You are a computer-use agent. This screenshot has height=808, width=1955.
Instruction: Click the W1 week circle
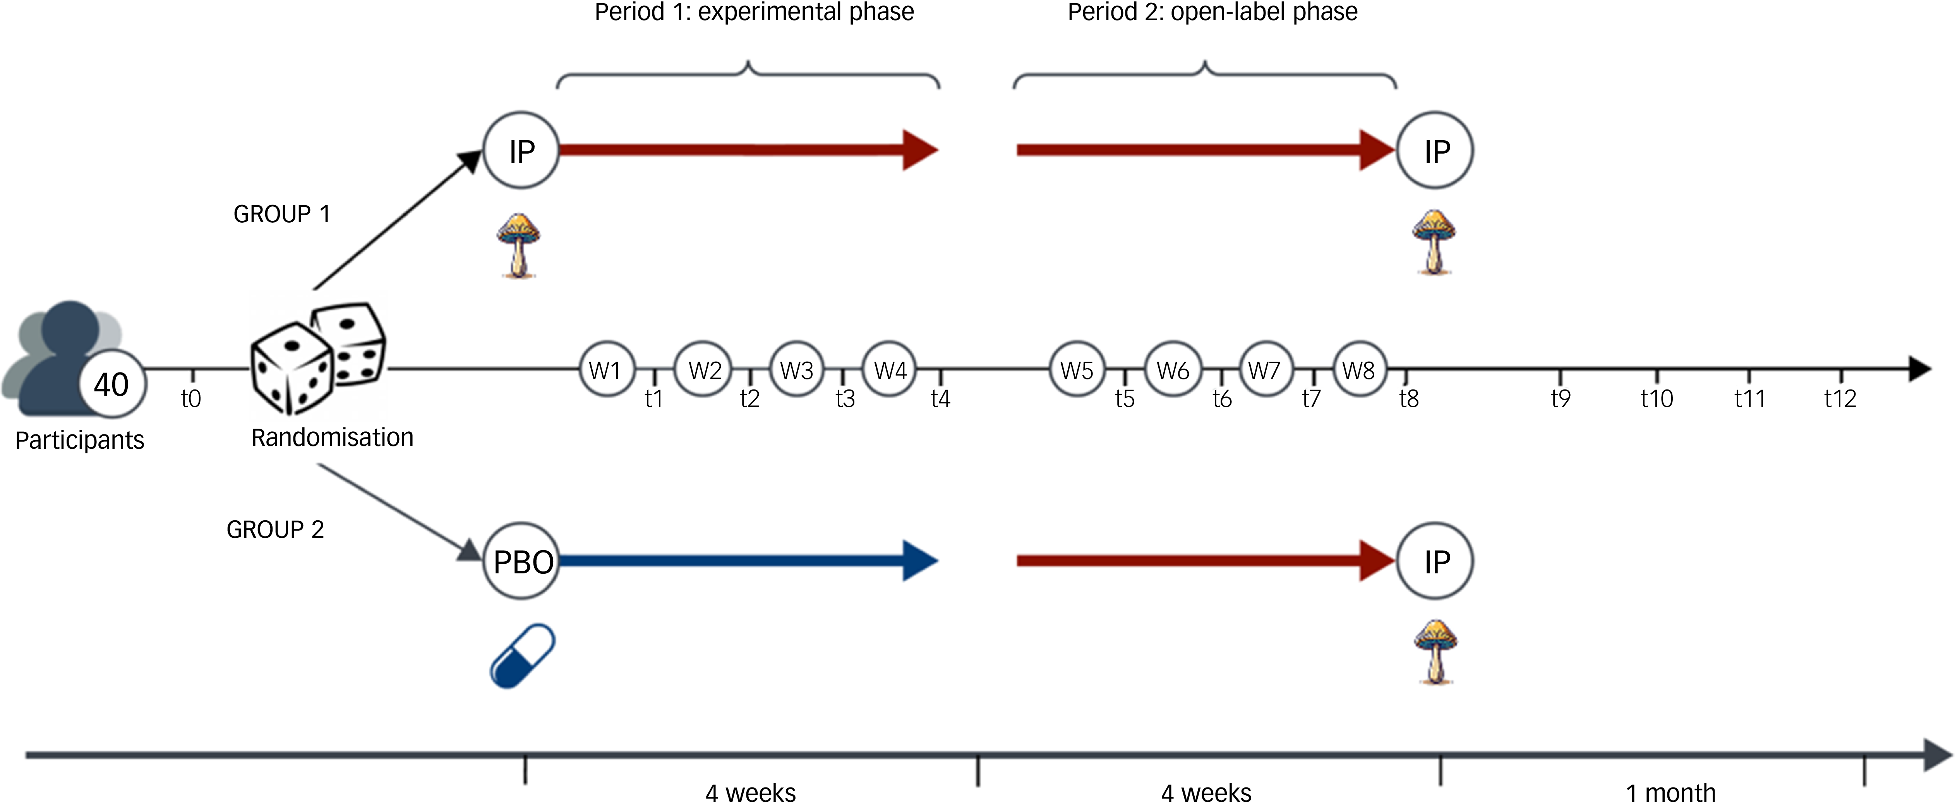coord(606,370)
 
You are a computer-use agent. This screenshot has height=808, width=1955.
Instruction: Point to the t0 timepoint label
coord(190,398)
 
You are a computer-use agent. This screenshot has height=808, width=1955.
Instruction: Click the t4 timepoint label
coord(940,398)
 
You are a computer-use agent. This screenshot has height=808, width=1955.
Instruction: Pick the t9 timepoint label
coord(1561,398)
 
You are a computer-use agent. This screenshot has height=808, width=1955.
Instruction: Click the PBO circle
coord(522,561)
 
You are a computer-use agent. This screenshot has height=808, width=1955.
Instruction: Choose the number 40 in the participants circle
coord(111,385)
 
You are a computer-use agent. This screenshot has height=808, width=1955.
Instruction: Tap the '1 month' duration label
coord(1670,793)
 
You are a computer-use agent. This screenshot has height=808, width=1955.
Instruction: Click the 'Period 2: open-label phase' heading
coord(1212,12)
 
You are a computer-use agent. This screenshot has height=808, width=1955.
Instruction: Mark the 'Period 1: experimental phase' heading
coord(754,12)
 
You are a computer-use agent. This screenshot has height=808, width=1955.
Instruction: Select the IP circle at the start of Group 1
coord(521,151)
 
